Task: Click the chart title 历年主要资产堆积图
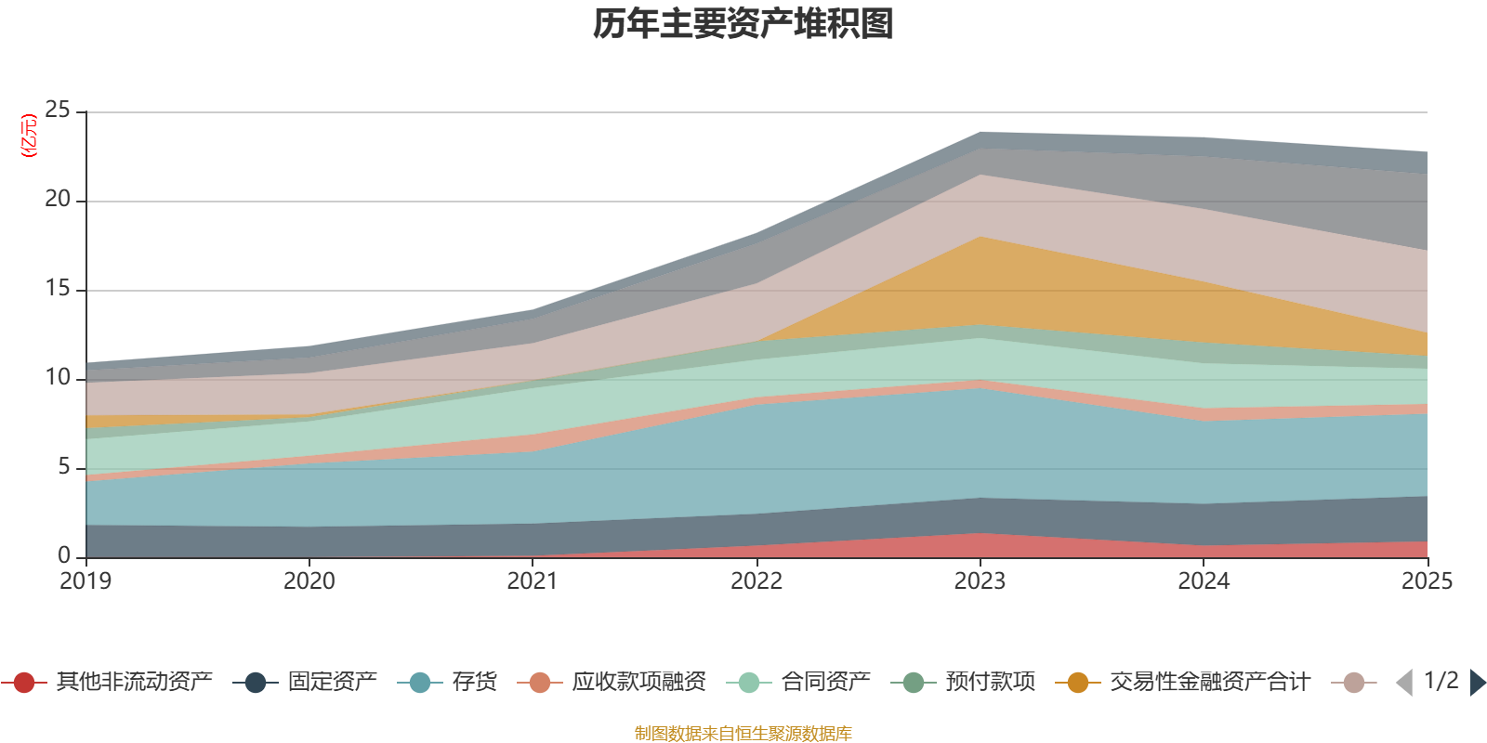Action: click(743, 24)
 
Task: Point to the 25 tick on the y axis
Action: click(58, 111)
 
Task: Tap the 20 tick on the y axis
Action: click(58, 200)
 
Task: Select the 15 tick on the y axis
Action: click(58, 289)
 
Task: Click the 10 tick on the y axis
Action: click(58, 378)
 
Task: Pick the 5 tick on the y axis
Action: click(64, 467)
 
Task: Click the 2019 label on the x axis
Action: click(86, 581)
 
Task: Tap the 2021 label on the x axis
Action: click(533, 581)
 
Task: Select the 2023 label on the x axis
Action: click(980, 581)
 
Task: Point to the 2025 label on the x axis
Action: click(1426, 581)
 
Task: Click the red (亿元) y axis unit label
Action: click(29, 136)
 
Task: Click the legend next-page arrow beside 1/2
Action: click(1477, 683)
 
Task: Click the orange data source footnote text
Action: click(743, 734)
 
